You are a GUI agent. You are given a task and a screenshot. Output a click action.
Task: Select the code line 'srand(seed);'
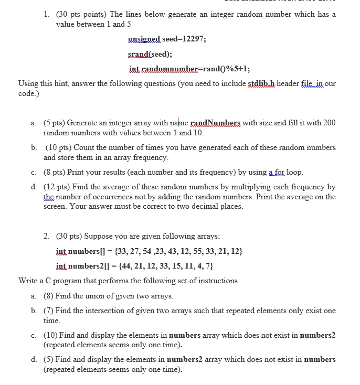(x=150, y=54)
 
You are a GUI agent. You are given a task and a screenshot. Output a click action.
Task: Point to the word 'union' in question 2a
(x=96, y=296)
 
